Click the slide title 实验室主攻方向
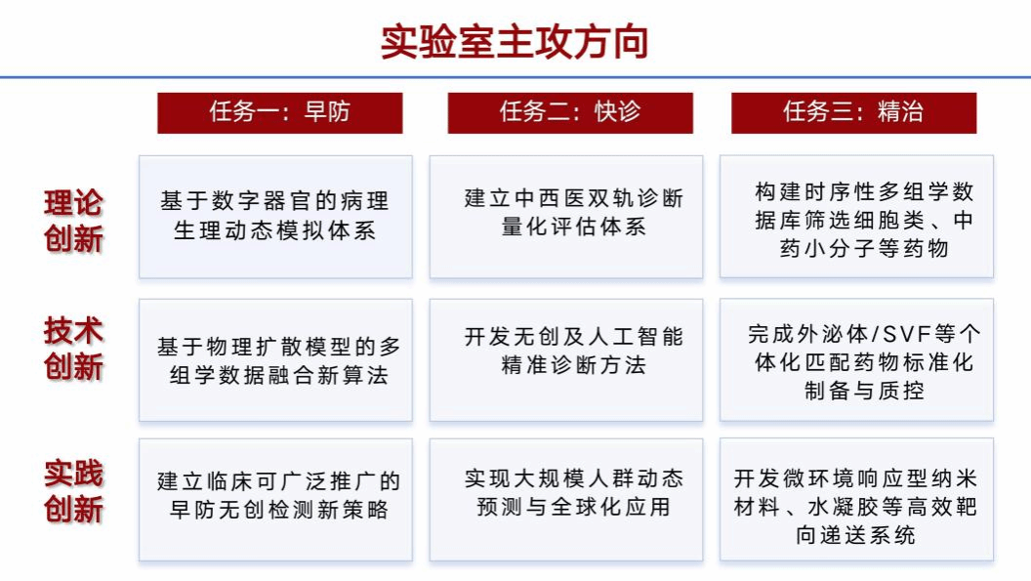click(x=515, y=41)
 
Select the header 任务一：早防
click(x=279, y=112)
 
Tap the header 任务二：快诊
click(x=570, y=112)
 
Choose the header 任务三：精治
click(x=853, y=112)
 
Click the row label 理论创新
click(x=73, y=221)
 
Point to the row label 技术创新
click(x=73, y=349)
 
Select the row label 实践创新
click(x=73, y=491)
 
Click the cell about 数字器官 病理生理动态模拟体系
click(x=275, y=217)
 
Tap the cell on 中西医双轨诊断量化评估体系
click(x=566, y=217)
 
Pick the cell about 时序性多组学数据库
click(x=856, y=217)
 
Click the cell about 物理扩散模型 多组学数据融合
click(x=275, y=360)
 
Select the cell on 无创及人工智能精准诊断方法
click(x=566, y=360)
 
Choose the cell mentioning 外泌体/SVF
click(x=856, y=360)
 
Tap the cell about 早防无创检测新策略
click(x=275, y=500)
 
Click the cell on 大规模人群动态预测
click(x=566, y=500)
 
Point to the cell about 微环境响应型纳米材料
click(x=856, y=500)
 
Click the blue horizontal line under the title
click(x=515, y=78)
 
